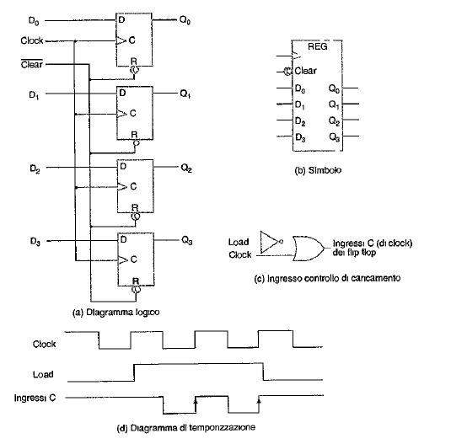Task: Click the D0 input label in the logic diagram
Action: pyautogui.click(x=34, y=21)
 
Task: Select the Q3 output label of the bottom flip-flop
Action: pyautogui.click(x=187, y=240)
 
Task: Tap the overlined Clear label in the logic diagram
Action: pyautogui.click(x=32, y=64)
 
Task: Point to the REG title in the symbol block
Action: pyautogui.click(x=318, y=46)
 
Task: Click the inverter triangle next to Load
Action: pyautogui.click(x=270, y=242)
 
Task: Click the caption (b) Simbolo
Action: pyautogui.click(x=318, y=170)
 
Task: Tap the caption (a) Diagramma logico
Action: pyautogui.click(x=116, y=312)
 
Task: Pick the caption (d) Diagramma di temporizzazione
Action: pyautogui.click(x=186, y=428)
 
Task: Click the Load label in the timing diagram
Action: pyautogui.click(x=43, y=374)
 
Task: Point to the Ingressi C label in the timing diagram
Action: pyautogui.click(x=35, y=399)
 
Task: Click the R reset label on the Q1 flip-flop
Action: pyautogui.click(x=134, y=135)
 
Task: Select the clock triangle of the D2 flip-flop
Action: pyautogui.click(x=122, y=187)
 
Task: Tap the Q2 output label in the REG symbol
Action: pyautogui.click(x=334, y=121)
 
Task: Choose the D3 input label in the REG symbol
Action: pyautogui.click(x=300, y=137)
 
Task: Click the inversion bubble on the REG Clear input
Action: pyautogui.click(x=287, y=71)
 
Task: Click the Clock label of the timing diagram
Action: pyautogui.click(x=44, y=344)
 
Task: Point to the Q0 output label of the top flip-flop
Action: pyautogui.click(x=185, y=20)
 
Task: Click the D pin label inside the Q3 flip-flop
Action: pyautogui.click(x=123, y=239)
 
